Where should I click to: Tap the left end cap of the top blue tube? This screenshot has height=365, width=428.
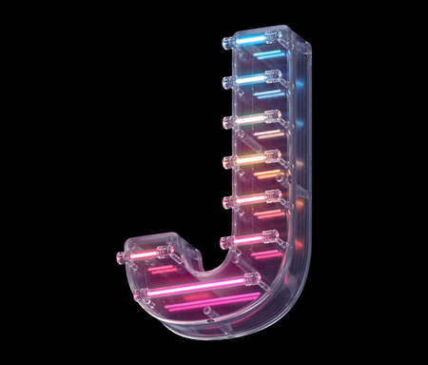[x=228, y=44]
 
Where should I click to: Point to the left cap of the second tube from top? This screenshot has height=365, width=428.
[x=228, y=83]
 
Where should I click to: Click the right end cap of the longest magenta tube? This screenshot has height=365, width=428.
[x=251, y=280]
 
